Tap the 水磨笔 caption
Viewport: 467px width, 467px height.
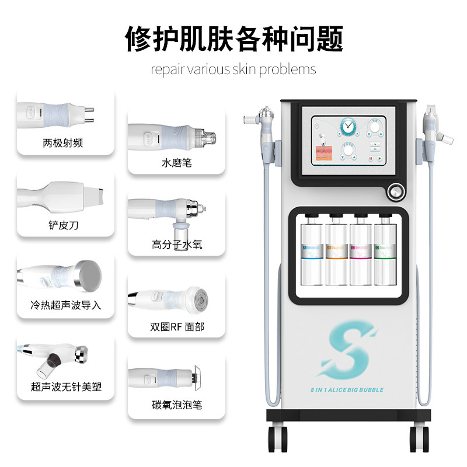[x=176, y=163]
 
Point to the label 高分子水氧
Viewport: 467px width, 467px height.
[x=176, y=245]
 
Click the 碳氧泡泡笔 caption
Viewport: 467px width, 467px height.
[x=176, y=405]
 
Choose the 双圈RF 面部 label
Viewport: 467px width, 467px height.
[x=177, y=327]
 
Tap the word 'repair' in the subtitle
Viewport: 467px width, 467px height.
[x=166, y=69]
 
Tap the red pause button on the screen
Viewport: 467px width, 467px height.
[x=370, y=158]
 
